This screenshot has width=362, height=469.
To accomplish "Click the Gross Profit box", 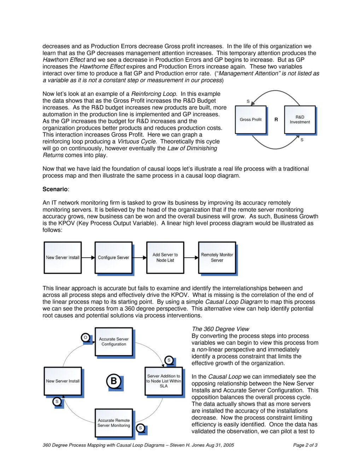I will [251, 120].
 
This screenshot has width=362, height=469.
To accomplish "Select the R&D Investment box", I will [300, 120].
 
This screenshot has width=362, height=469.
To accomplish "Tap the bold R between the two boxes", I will [276, 120].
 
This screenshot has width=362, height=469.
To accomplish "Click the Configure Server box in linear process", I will [113, 257].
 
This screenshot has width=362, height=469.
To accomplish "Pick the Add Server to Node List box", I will [165, 257].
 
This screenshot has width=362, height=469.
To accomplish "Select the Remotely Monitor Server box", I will [217, 257].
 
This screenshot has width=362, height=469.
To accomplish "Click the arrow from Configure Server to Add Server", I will [139, 258].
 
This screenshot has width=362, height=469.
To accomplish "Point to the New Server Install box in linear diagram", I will [63, 257].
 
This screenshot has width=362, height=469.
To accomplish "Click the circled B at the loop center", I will [114, 381].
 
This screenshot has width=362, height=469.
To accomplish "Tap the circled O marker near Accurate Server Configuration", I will [86, 337].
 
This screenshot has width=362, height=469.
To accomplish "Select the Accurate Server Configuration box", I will [114, 342].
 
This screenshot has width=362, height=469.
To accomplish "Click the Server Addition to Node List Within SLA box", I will [164, 381].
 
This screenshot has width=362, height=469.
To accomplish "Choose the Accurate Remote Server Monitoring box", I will [114, 423].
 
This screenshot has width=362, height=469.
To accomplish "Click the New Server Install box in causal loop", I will [63, 381].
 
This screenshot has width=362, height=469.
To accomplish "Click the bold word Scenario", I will [55, 189].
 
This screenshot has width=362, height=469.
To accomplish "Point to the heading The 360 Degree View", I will [220, 329].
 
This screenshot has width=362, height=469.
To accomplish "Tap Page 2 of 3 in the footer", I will [305, 445].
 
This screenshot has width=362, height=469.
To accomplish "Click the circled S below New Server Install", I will [57, 401].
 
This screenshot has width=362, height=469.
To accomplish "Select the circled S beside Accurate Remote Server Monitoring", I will [140, 428].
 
